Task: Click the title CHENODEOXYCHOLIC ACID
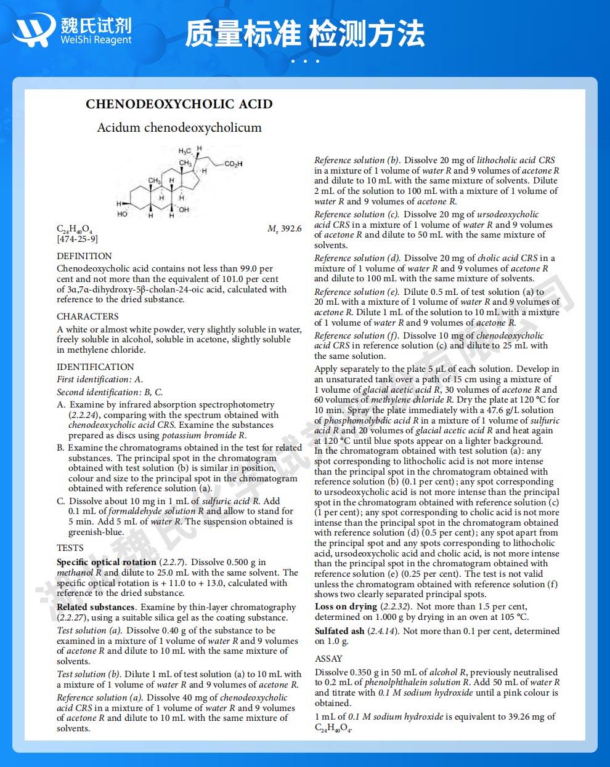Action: [x=179, y=103]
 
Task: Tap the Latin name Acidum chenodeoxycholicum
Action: [x=179, y=127]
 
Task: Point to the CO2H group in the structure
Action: [x=233, y=164]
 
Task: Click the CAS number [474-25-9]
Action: [x=77, y=239]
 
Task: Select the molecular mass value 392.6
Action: [x=291, y=229]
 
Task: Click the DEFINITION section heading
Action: [x=84, y=256]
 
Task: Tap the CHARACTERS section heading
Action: [x=87, y=316]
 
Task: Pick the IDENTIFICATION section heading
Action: [x=95, y=367]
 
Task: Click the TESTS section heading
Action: [x=70, y=548]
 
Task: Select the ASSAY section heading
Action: [x=328, y=659]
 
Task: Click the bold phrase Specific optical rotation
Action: [x=106, y=562]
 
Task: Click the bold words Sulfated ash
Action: [x=340, y=631]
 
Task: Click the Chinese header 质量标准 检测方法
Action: [x=304, y=33]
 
